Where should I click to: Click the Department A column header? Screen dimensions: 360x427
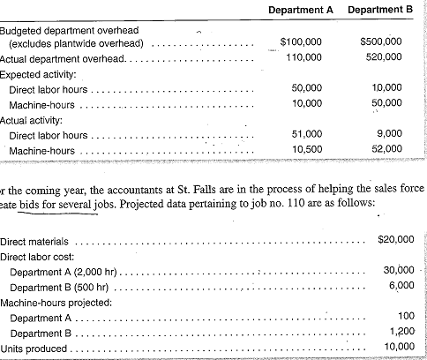[301, 9]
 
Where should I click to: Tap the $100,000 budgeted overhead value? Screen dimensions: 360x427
[301, 41]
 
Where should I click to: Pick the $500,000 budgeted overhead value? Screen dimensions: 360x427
[382, 41]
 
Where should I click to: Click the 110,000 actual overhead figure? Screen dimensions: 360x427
[303, 57]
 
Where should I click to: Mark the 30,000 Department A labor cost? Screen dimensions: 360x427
[398, 269]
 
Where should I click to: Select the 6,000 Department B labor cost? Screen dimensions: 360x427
[401, 285]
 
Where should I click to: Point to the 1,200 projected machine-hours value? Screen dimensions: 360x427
[401, 333]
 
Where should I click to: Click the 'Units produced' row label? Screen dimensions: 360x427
[34, 349]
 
